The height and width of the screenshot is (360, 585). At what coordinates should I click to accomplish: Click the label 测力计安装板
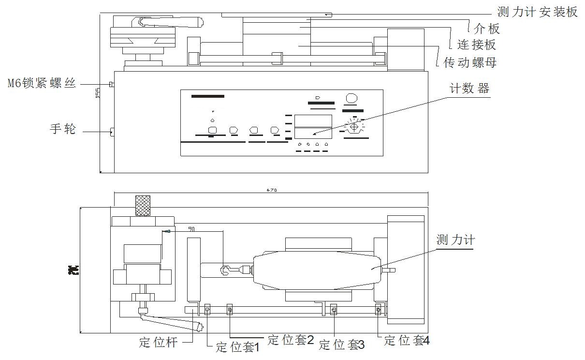[538, 12]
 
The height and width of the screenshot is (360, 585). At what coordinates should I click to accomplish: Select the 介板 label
[487, 29]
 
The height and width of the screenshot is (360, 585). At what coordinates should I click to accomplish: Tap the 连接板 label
[476, 45]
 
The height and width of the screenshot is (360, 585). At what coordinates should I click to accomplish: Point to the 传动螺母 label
[470, 62]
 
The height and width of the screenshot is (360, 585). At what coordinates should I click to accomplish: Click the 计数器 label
[469, 89]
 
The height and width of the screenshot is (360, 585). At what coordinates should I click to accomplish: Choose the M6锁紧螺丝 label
[42, 83]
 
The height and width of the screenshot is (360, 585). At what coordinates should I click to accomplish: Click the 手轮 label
[63, 129]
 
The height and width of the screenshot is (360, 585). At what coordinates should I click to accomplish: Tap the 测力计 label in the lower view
[455, 240]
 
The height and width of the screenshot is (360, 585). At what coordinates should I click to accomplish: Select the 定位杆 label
[159, 343]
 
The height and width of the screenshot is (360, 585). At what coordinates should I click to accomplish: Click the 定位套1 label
[238, 347]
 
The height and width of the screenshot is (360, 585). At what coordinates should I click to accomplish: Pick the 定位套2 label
[291, 340]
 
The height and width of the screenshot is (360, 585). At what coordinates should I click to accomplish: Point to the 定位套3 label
[342, 345]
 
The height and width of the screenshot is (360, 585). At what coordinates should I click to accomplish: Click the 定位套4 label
[407, 341]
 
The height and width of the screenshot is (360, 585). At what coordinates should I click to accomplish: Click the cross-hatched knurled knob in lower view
[142, 206]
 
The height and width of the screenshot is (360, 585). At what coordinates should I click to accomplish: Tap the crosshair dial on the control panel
[353, 127]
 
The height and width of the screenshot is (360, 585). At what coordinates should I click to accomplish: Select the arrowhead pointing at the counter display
[315, 135]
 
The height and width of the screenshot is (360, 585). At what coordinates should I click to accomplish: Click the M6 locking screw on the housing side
[111, 84]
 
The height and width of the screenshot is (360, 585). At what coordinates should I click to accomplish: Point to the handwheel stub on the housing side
[112, 131]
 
